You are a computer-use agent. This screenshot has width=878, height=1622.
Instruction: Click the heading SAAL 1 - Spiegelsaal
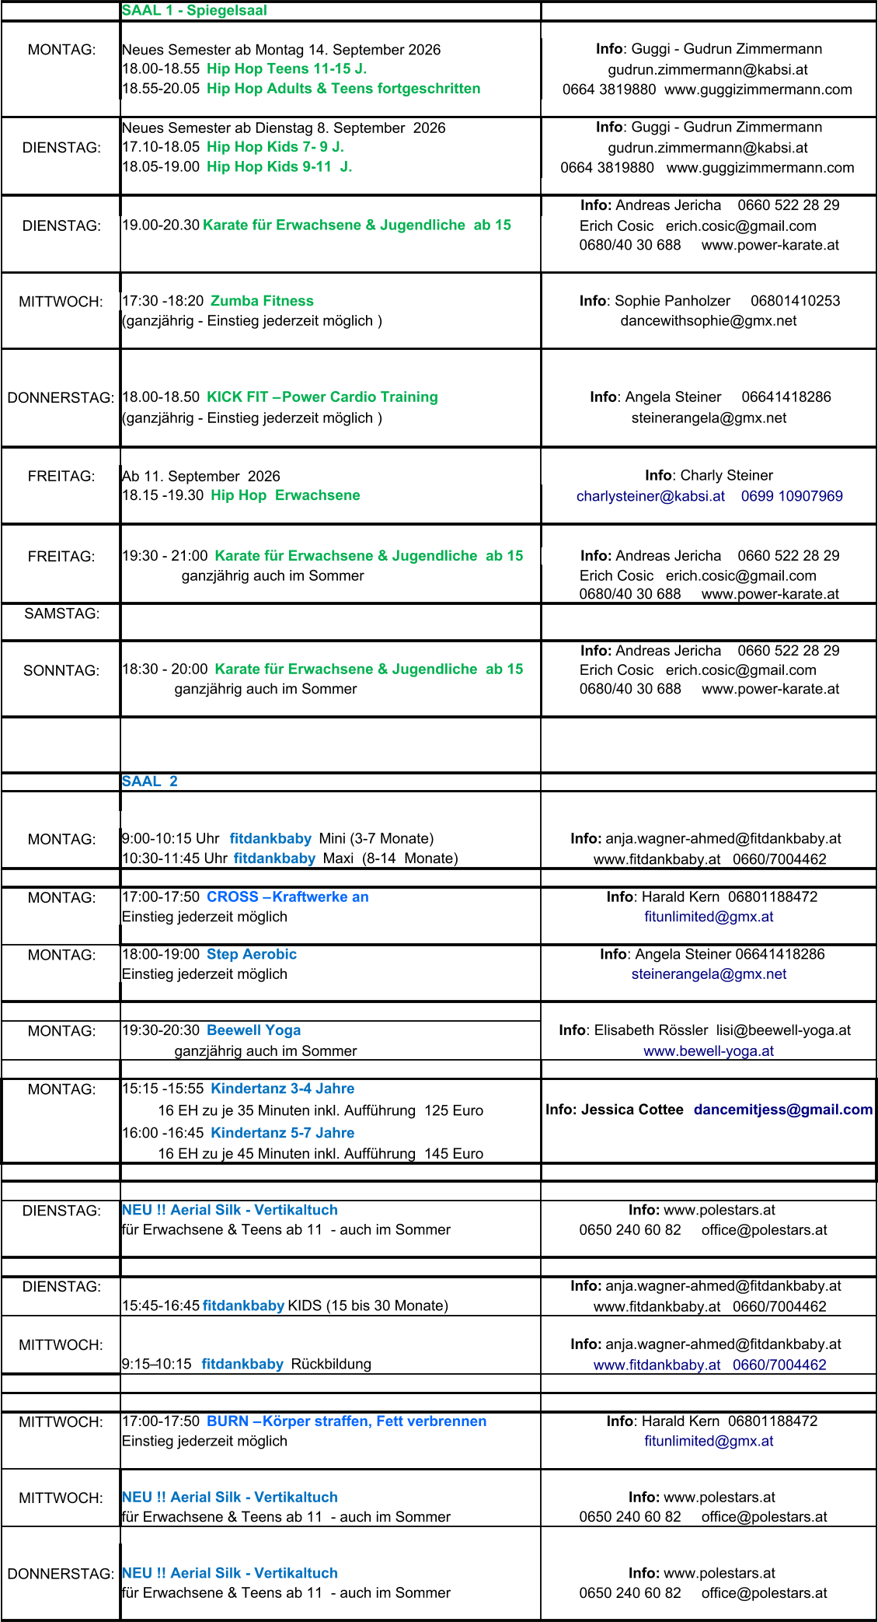(194, 11)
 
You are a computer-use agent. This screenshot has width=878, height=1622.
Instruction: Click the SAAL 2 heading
(150, 781)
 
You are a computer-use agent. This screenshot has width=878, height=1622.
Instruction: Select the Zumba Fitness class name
(262, 301)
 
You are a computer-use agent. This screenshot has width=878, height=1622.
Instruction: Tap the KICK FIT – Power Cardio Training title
(322, 397)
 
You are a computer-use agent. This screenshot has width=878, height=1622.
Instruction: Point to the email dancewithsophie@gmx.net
(709, 320)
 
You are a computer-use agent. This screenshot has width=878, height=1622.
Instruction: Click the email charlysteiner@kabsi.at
(650, 496)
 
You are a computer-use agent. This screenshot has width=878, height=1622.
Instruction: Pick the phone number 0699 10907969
(792, 496)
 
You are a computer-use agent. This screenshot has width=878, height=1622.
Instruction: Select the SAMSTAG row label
(62, 613)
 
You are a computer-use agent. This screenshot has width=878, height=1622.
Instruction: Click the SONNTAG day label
(61, 670)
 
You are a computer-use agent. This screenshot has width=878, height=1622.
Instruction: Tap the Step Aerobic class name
(252, 954)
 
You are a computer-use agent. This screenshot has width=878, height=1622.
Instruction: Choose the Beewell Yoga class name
(253, 1030)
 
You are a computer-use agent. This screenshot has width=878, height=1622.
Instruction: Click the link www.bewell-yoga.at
(709, 1051)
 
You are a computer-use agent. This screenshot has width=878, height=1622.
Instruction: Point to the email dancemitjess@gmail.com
(783, 1110)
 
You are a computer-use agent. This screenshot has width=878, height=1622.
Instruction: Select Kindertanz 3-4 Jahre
(283, 1089)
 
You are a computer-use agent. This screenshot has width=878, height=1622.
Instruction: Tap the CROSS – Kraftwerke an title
(287, 897)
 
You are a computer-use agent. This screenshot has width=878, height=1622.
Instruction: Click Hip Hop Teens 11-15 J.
(287, 68)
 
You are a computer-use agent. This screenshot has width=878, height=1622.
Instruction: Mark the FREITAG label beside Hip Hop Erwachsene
(61, 476)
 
